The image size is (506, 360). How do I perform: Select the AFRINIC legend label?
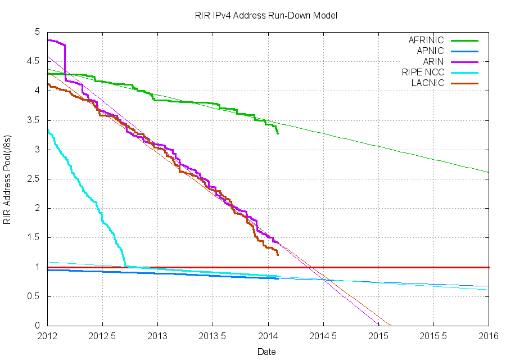coord(426,40)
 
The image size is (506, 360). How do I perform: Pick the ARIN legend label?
coord(433,61)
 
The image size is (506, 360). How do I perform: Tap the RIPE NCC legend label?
coord(423,72)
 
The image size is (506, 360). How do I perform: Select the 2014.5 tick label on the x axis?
coord(323,336)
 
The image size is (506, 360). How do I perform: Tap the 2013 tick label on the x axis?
coord(157,336)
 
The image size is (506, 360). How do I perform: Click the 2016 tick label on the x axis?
coord(489,336)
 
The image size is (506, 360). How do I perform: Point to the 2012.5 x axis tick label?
coord(102,336)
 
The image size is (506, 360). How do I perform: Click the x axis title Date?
coord(266,352)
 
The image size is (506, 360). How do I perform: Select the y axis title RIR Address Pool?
coord(8,179)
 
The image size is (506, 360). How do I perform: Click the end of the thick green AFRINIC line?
coord(278,133)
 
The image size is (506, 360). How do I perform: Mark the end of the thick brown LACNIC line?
coord(278,255)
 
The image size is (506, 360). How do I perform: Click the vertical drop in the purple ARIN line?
coord(65,62)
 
